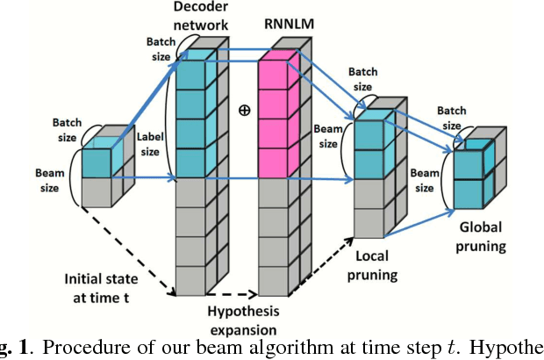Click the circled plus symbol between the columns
[242, 112]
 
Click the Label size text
[149, 144]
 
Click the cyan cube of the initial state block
[97, 163]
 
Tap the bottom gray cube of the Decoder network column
[191, 279]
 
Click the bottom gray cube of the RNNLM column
[274, 279]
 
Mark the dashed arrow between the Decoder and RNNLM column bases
[233, 295]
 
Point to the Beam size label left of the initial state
[50, 180]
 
